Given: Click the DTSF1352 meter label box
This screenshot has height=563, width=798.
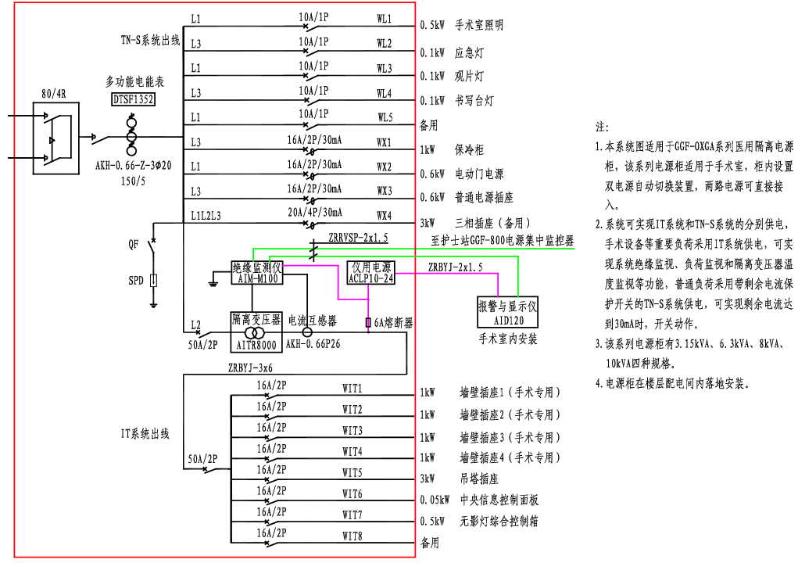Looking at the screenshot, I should click(133, 99).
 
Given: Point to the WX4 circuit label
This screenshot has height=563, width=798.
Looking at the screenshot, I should click(384, 216).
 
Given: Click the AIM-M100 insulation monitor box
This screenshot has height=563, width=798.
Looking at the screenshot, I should click(257, 273).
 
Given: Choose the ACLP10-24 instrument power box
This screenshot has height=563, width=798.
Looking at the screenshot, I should click(371, 273).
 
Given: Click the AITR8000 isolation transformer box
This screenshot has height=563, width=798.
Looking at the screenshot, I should click(256, 332).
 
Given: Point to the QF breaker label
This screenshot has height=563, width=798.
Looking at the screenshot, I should click(134, 244).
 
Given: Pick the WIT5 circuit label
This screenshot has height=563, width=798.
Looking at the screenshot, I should click(352, 473).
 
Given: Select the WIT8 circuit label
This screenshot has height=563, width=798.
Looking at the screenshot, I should click(352, 536).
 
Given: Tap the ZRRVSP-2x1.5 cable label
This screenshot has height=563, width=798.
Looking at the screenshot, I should click(357, 237).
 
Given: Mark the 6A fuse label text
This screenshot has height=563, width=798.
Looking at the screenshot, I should click(393, 322).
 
